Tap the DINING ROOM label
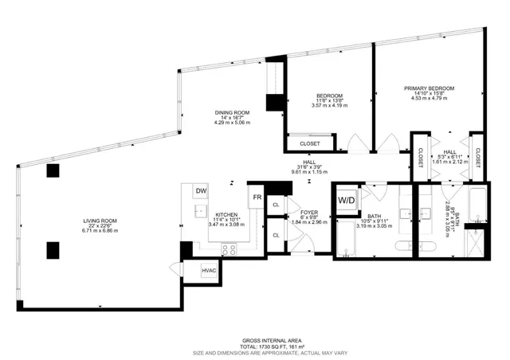coord(232,112)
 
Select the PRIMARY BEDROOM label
coord(429,88)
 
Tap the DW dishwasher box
coord(202,191)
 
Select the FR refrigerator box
coord(258,197)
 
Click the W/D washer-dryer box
coord(347,199)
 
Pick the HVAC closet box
coord(210,272)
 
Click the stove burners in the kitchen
coord(229,248)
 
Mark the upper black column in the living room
coord(53,170)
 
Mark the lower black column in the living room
coord(53,250)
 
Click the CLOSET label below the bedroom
coord(310,144)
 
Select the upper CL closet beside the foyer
coord(276,205)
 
